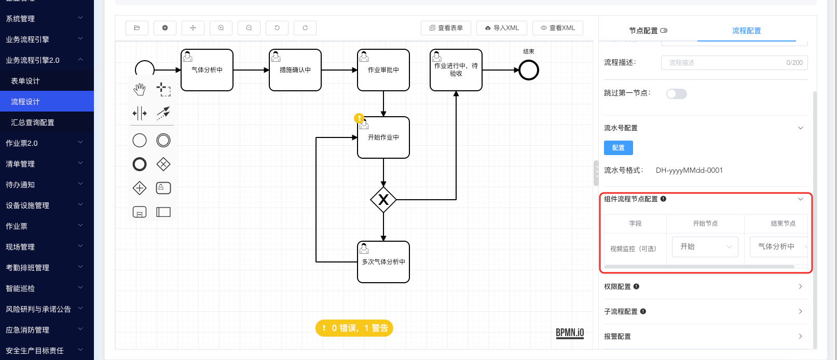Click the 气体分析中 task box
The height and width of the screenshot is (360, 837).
pyautogui.click(x=207, y=70)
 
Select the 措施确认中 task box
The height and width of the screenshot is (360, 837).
pyautogui.click(x=295, y=70)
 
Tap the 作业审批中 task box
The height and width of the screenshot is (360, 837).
pyautogui.click(x=383, y=70)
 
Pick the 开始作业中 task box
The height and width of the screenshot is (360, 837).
pyautogui.click(x=383, y=137)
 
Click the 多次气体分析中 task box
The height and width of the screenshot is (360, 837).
pyautogui.click(x=383, y=262)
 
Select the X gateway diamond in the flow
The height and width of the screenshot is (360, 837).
pyautogui.click(x=383, y=200)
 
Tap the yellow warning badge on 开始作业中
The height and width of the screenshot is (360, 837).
pyautogui.click(x=359, y=118)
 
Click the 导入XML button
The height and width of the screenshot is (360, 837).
pyautogui.click(x=502, y=28)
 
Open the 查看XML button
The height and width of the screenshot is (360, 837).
pyautogui.click(x=557, y=28)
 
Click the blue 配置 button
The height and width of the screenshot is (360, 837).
pyautogui.click(x=619, y=148)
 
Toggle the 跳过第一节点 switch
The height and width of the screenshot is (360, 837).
pyautogui.click(x=676, y=94)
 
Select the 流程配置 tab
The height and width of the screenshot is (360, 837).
pyautogui.click(x=746, y=31)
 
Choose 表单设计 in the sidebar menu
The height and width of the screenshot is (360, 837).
pyautogui.click(x=25, y=81)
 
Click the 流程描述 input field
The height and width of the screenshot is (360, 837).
pyautogui.click(x=734, y=63)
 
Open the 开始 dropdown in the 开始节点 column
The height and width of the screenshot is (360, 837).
pyautogui.click(x=705, y=247)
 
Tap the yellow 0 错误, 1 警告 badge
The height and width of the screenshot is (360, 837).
pyautogui.click(x=354, y=328)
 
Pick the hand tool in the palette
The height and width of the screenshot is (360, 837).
pyautogui.click(x=140, y=90)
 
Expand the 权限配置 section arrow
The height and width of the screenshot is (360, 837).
pyautogui.click(x=800, y=286)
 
